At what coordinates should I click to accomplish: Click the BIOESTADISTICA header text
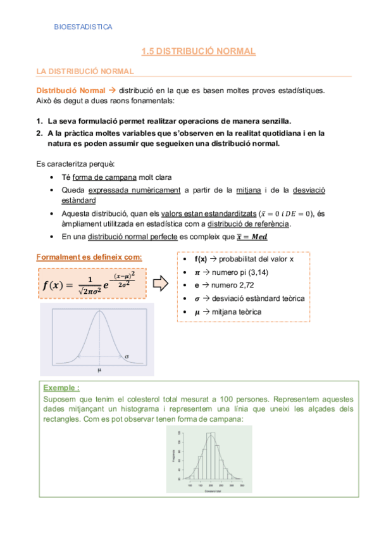coord(84,27)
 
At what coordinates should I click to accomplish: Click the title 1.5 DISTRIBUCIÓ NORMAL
coord(198,51)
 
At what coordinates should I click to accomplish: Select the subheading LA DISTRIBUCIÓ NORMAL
coord(85,71)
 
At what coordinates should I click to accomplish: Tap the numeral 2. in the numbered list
coord(40,134)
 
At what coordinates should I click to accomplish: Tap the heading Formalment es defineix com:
coord(89,257)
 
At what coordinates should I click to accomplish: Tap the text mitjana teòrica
coord(238,312)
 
